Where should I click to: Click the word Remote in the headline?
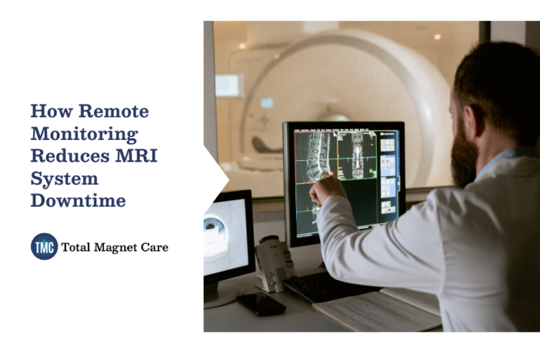pos(114,111)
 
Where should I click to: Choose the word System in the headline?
pos(64,178)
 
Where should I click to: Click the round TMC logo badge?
pos(44,247)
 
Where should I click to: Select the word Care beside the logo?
pos(155,247)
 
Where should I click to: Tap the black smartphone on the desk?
pos(259,303)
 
